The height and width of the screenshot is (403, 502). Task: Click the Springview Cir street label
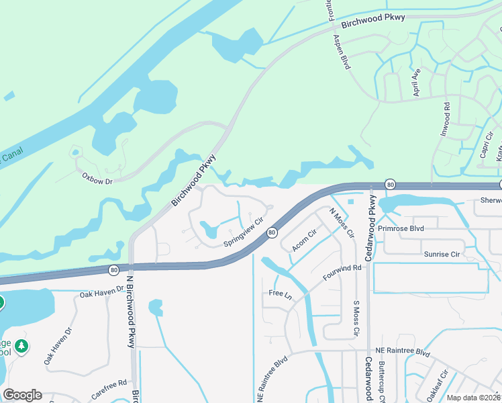[x=242, y=232]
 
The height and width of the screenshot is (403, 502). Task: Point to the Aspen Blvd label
[x=342, y=53]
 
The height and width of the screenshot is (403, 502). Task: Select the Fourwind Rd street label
[x=342, y=272]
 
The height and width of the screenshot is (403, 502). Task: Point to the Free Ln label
[x=280, y=294]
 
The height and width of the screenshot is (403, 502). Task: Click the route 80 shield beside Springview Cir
[x=272, y=232]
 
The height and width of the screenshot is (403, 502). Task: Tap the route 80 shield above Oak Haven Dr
[x=113, y=269]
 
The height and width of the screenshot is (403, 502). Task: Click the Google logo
[x=22, y=395]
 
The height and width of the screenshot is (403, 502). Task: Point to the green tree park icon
[x=22, y=346]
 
